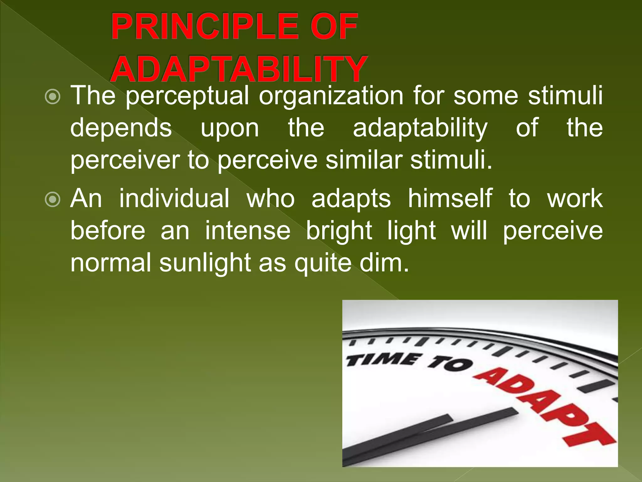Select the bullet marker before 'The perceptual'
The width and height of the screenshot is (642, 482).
pos(52,97)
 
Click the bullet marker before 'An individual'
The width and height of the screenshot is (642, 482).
pos(52,200)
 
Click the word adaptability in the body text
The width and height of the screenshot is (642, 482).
pos(420,128)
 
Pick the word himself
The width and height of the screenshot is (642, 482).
pos(450,199)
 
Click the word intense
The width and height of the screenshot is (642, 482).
pos(248,231)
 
